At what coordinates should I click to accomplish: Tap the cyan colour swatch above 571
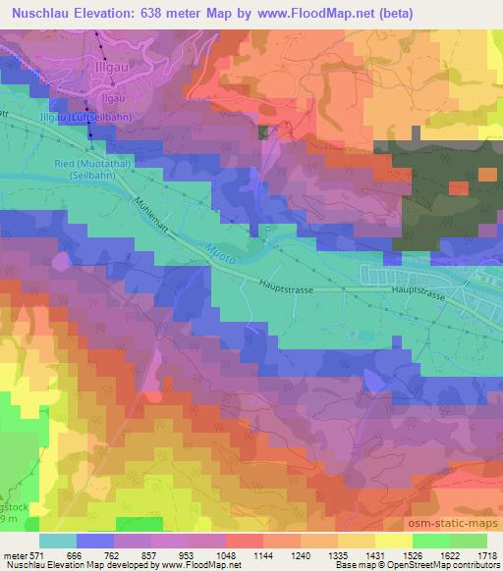pyautogui.click(x=57, y=541)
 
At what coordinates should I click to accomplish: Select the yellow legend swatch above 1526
pyautogui.click(x=394, y=541)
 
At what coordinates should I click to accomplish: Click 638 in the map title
pyautogui.click(x=174, y=13)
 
